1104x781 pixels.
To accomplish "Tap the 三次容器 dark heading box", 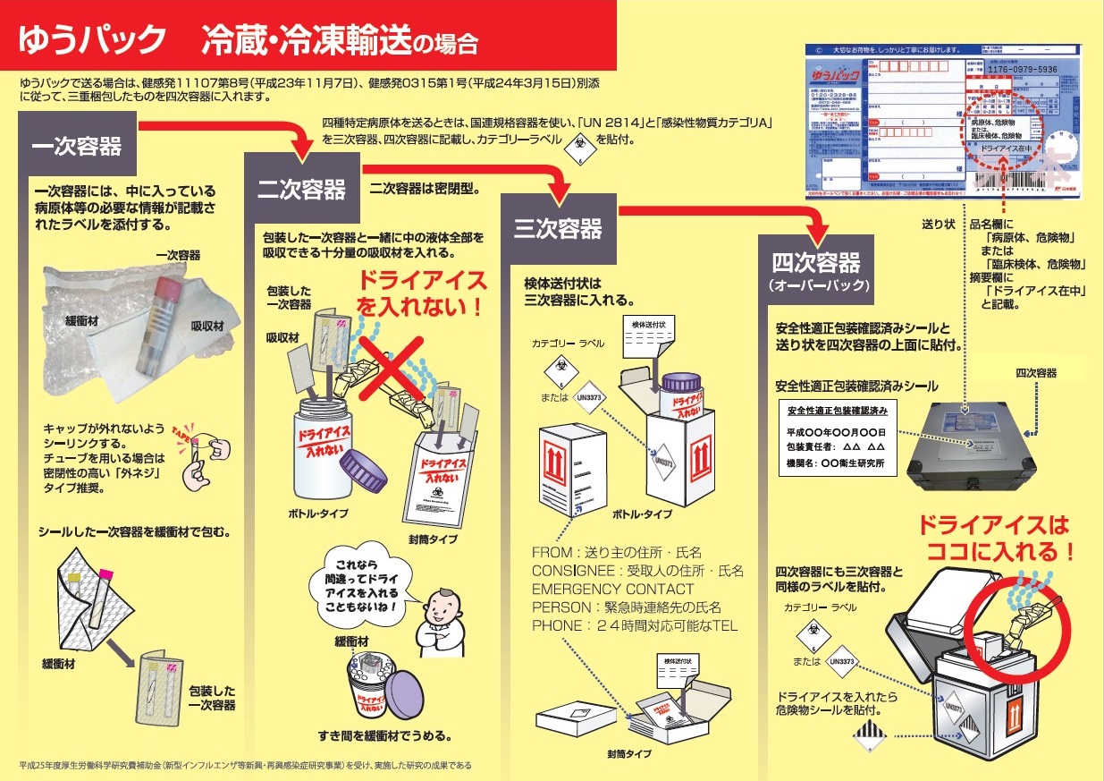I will [558, 229].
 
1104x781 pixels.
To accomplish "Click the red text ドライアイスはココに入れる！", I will [993, 538].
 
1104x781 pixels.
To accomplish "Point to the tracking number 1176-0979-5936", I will [1022, 70].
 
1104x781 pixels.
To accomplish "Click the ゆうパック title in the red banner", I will [93, 41].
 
